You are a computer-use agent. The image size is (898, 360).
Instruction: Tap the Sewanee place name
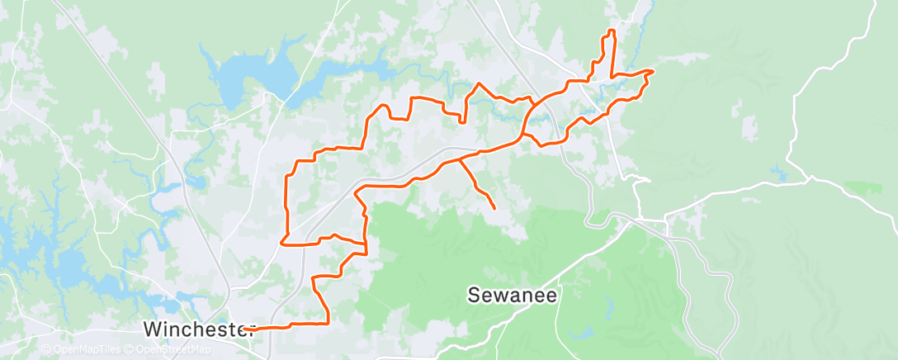coord(513,295)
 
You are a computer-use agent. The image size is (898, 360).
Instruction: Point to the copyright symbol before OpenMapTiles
coord(45,349)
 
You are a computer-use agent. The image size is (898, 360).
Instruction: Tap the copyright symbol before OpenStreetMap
coord(129,349)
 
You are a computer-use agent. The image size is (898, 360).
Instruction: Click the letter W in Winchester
coord(153,329)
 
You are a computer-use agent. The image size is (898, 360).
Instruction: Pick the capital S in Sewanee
coord(475,295)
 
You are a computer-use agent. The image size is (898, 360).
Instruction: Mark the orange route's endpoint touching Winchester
coord(245,329)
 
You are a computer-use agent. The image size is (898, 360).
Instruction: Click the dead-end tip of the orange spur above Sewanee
coord(494,207)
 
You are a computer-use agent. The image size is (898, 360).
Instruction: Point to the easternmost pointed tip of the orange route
coord(654,71)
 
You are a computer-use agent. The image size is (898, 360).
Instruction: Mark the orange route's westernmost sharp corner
coord(282,244)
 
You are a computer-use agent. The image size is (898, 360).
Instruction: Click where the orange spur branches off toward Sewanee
coord(459,159)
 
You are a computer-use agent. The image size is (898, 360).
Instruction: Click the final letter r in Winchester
coord(248,329)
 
